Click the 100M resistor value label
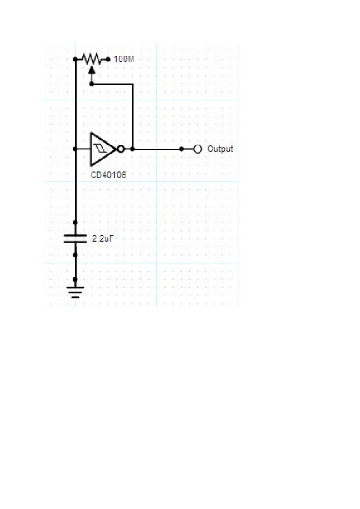click(x=124, y=59)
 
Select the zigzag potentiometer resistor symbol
click(x=92, y=59)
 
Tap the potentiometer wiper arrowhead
click(x=91, y=69)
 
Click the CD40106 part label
click(x=108, y=175)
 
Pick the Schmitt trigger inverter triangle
click(x=102, y=149)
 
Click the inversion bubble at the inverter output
click(x=121, y=149)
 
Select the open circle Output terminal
click(x=197, y=149)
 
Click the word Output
click(x=220, y=149)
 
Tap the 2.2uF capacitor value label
click(x=103, y=239)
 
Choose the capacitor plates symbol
click(x=75, y=239)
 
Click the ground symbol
click(x=75, y=292)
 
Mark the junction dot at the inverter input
click(x=75, y=149)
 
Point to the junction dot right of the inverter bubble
click(x=132, y=149)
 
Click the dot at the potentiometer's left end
click(x=75, y=59)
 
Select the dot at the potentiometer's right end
click(x=108, y=59)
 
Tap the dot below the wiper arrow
click(x=91, y=84)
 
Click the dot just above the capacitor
click(x=75, y=222)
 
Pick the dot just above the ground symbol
click(x=75, y=279)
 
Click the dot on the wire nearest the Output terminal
click(x=181, y=149)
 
